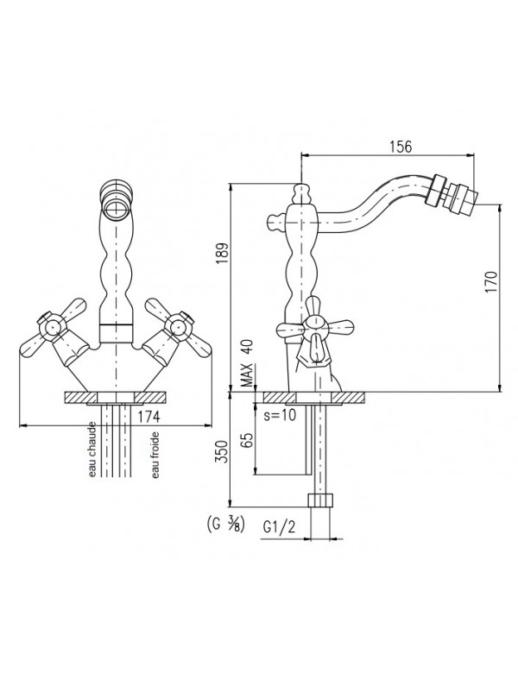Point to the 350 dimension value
click(x=221, y=451)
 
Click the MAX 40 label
click(x=247, y=361)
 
